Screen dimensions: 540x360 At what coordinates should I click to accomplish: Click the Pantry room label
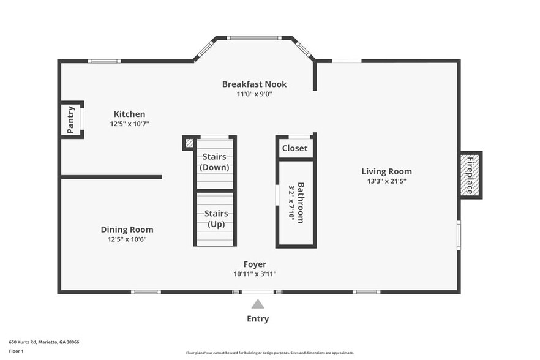70,119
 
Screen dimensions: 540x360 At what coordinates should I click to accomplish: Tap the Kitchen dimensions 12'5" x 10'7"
130,124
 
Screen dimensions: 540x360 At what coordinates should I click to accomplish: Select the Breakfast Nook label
254,84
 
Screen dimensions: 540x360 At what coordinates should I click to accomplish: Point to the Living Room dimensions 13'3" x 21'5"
387,181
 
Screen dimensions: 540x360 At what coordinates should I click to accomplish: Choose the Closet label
295,148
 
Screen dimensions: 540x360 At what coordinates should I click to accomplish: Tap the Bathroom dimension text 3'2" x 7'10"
291,203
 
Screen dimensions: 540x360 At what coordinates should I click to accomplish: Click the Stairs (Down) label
214,162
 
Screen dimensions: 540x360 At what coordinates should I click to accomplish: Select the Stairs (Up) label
216,219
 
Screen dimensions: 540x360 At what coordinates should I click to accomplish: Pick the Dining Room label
127,230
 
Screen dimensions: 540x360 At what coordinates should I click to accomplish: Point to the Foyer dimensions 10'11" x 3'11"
255,274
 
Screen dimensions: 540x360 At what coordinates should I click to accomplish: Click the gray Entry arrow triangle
258,304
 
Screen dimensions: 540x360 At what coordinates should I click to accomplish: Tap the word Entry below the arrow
258,319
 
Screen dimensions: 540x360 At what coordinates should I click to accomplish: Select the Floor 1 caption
16,351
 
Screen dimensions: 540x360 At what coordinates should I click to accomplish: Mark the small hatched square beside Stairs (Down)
190,143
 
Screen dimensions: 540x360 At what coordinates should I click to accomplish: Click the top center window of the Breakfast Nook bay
254,38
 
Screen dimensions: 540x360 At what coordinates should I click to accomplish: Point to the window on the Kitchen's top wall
104,61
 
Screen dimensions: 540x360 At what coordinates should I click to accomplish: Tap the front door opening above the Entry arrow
258,292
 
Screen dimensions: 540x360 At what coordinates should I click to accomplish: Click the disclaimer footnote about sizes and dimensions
270,353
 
